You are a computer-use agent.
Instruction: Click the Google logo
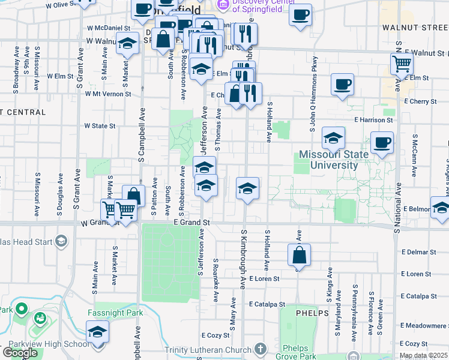pos(20,353)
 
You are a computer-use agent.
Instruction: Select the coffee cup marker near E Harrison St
pos(382,143)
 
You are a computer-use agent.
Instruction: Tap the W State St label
pos(100,126)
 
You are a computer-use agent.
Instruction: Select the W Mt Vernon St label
pos(108,94)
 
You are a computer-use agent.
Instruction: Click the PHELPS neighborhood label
pos(312,313)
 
